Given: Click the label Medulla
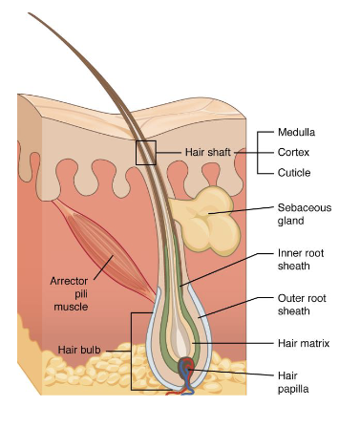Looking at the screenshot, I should click(296, 132).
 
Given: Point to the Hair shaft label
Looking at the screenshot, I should click(206, 152).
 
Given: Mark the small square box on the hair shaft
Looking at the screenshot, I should click(145, 152).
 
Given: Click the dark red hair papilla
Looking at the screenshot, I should click(191, 368).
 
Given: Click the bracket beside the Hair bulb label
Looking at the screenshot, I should click(133, 351).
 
